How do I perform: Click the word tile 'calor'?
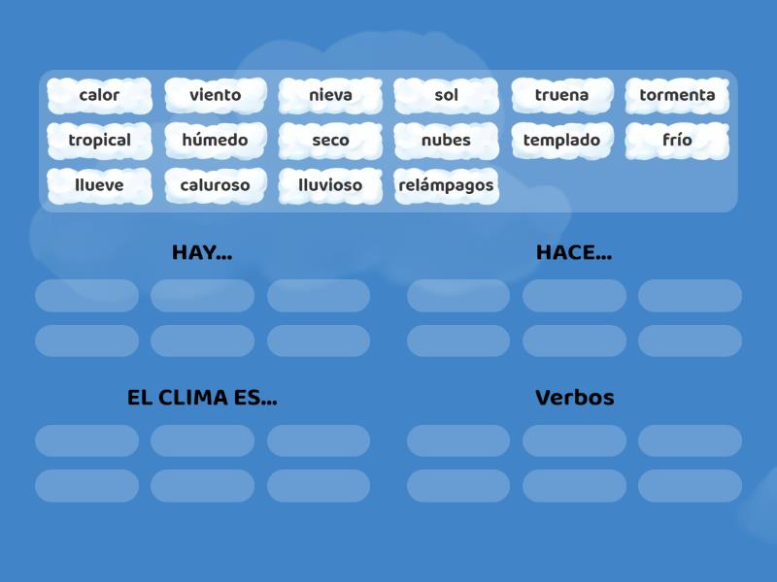[x=99, y=95]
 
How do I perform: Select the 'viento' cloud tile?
[x=216, y=95]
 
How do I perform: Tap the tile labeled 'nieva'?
[x=330, y=95]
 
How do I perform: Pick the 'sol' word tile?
[x=446, y=95]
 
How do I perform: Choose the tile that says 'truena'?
[x=561, y=95]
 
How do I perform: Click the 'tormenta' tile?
[x=677, y=95]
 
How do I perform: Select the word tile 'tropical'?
[x=99, y=140]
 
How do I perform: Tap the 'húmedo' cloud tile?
[x=216, y=140]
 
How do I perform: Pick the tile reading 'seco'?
[x=330, y=140]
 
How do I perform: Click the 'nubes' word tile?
[x=446, y=140]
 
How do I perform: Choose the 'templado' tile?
[x=561, y=140]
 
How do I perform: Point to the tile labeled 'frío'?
[x=677, y=140]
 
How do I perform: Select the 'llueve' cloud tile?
[x=99, y=184]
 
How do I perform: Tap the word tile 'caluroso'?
[x=216, y=184]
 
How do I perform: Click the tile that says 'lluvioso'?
[x=330, y=184]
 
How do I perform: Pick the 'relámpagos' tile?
[x=446, y=184]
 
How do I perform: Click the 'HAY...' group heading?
[x=202, y=252]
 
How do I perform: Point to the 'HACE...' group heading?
[x=574, y=252]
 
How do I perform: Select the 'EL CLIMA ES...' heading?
[x=202, y=398]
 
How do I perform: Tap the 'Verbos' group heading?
[x=574, y=398]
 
